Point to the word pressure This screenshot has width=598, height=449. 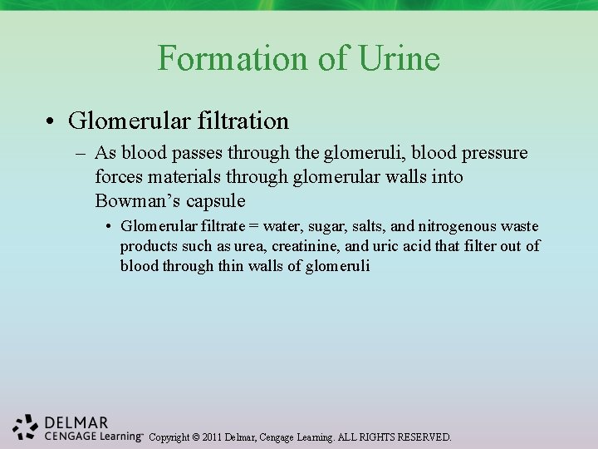491,154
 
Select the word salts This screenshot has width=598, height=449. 365,226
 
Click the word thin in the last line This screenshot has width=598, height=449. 230,266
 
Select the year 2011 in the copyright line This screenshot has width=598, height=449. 211,437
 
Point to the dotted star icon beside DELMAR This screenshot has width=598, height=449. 26,427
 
